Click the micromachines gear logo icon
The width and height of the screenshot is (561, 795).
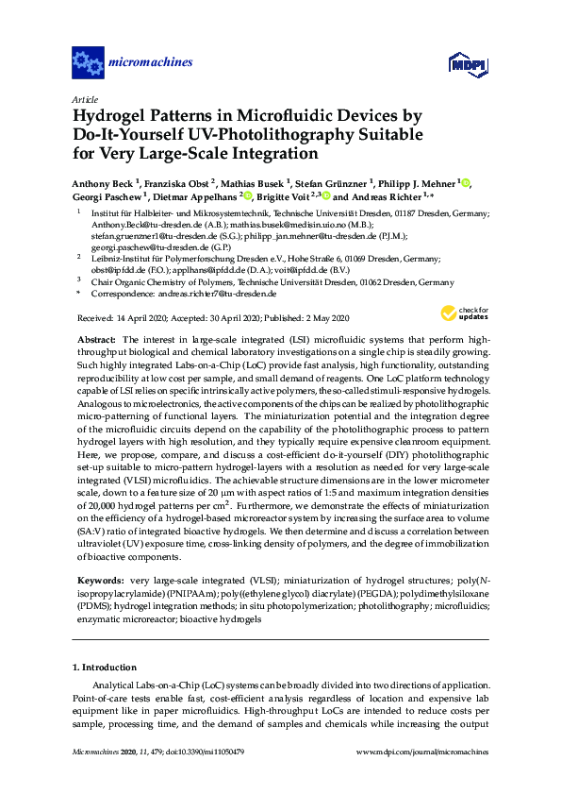tap(88, 63)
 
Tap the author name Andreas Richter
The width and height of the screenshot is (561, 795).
tap(388, 196)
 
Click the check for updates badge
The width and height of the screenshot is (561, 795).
tap(461, 313)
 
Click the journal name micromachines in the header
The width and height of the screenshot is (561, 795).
tap(151, 63)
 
